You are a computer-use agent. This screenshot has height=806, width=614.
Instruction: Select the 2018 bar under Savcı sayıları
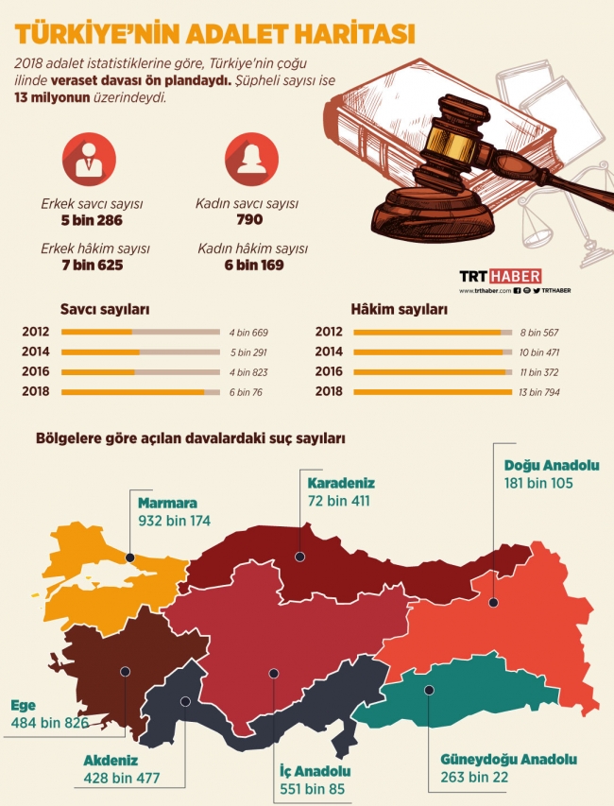(132, 391)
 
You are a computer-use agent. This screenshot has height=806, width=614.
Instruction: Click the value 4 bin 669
(249, 332)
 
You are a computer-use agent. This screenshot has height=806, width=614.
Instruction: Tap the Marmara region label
(166, 504)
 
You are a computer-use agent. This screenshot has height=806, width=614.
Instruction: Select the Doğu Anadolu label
(551, 466)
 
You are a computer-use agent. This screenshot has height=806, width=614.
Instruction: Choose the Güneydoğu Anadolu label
(508, 760)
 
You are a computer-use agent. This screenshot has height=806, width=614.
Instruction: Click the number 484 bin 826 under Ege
(50, 723)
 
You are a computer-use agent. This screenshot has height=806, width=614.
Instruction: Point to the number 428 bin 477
(121, 779)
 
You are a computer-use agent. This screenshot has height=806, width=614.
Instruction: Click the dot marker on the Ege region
(124, 671)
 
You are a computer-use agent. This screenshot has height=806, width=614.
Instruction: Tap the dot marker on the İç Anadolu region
(274, 673)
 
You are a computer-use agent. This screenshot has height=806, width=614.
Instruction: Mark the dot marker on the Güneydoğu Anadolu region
(428, 690)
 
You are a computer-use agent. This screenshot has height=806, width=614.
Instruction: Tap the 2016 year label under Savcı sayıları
(36, 371)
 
